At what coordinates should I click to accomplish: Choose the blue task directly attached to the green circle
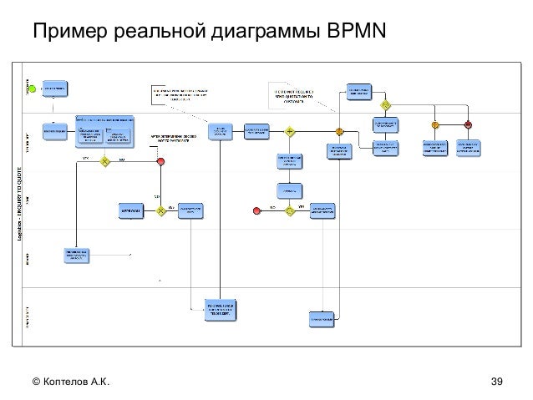(55, 86)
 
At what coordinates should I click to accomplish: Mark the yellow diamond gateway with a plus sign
(290, 132)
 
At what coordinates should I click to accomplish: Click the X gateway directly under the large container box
(106, 161)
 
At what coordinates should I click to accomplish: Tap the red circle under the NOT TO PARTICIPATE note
(160, 161)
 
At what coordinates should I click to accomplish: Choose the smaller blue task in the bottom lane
(322, 318)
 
